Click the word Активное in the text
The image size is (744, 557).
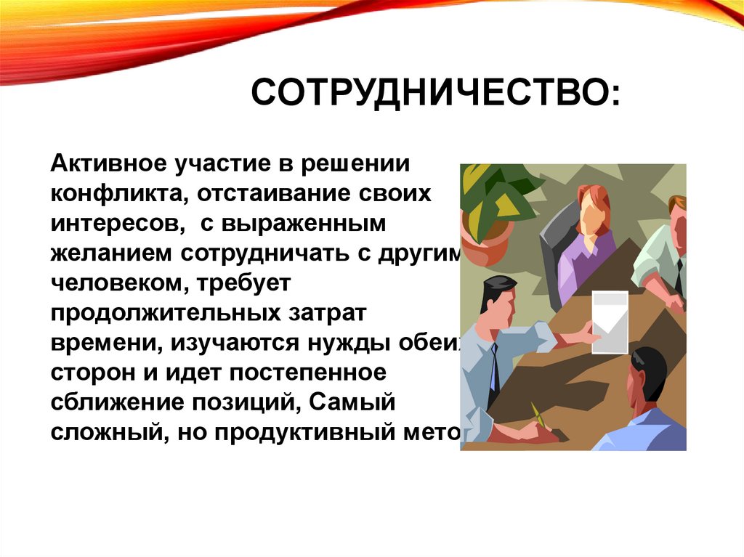tap(107, 163)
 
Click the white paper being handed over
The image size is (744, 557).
tap(609, 321)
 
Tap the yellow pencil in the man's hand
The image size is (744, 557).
tap(538, 415)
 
